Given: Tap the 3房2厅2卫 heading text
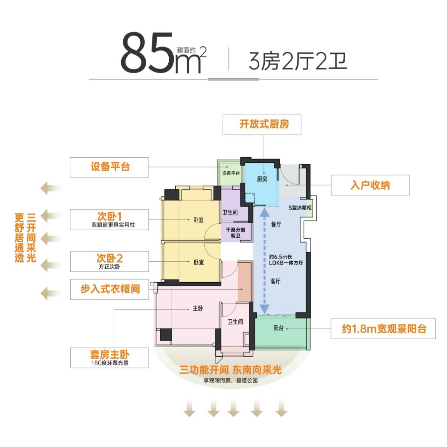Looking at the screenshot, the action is coord(298,61).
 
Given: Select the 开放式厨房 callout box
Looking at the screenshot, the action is coord(262,125).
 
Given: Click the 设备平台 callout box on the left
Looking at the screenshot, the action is coord(110,167).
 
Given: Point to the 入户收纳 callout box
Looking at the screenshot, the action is coord(370,185).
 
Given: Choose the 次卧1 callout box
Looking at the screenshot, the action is coord(110,220).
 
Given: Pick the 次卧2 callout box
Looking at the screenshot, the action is coord(110,261).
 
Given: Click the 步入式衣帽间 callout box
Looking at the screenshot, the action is coord(110,289).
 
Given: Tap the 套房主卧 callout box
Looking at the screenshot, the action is coord(110,357).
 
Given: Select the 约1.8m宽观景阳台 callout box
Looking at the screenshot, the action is coord(383,329).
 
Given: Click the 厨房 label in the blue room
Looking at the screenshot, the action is coord(262,179).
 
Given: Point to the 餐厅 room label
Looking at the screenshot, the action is coord(276,225).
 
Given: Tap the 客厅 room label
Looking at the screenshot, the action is coord(275,282).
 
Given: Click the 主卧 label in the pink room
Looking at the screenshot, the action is coord(198,308).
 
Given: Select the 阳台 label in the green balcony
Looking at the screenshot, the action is coord(279,328).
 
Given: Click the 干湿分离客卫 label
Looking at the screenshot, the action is coord(236,232).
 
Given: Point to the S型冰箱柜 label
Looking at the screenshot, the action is coord(300,208).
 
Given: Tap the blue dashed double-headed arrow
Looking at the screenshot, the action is coord(265,260).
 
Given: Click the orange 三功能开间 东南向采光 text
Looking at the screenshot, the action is coord(230,370).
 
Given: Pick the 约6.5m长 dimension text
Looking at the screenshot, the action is coord(281,257).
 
